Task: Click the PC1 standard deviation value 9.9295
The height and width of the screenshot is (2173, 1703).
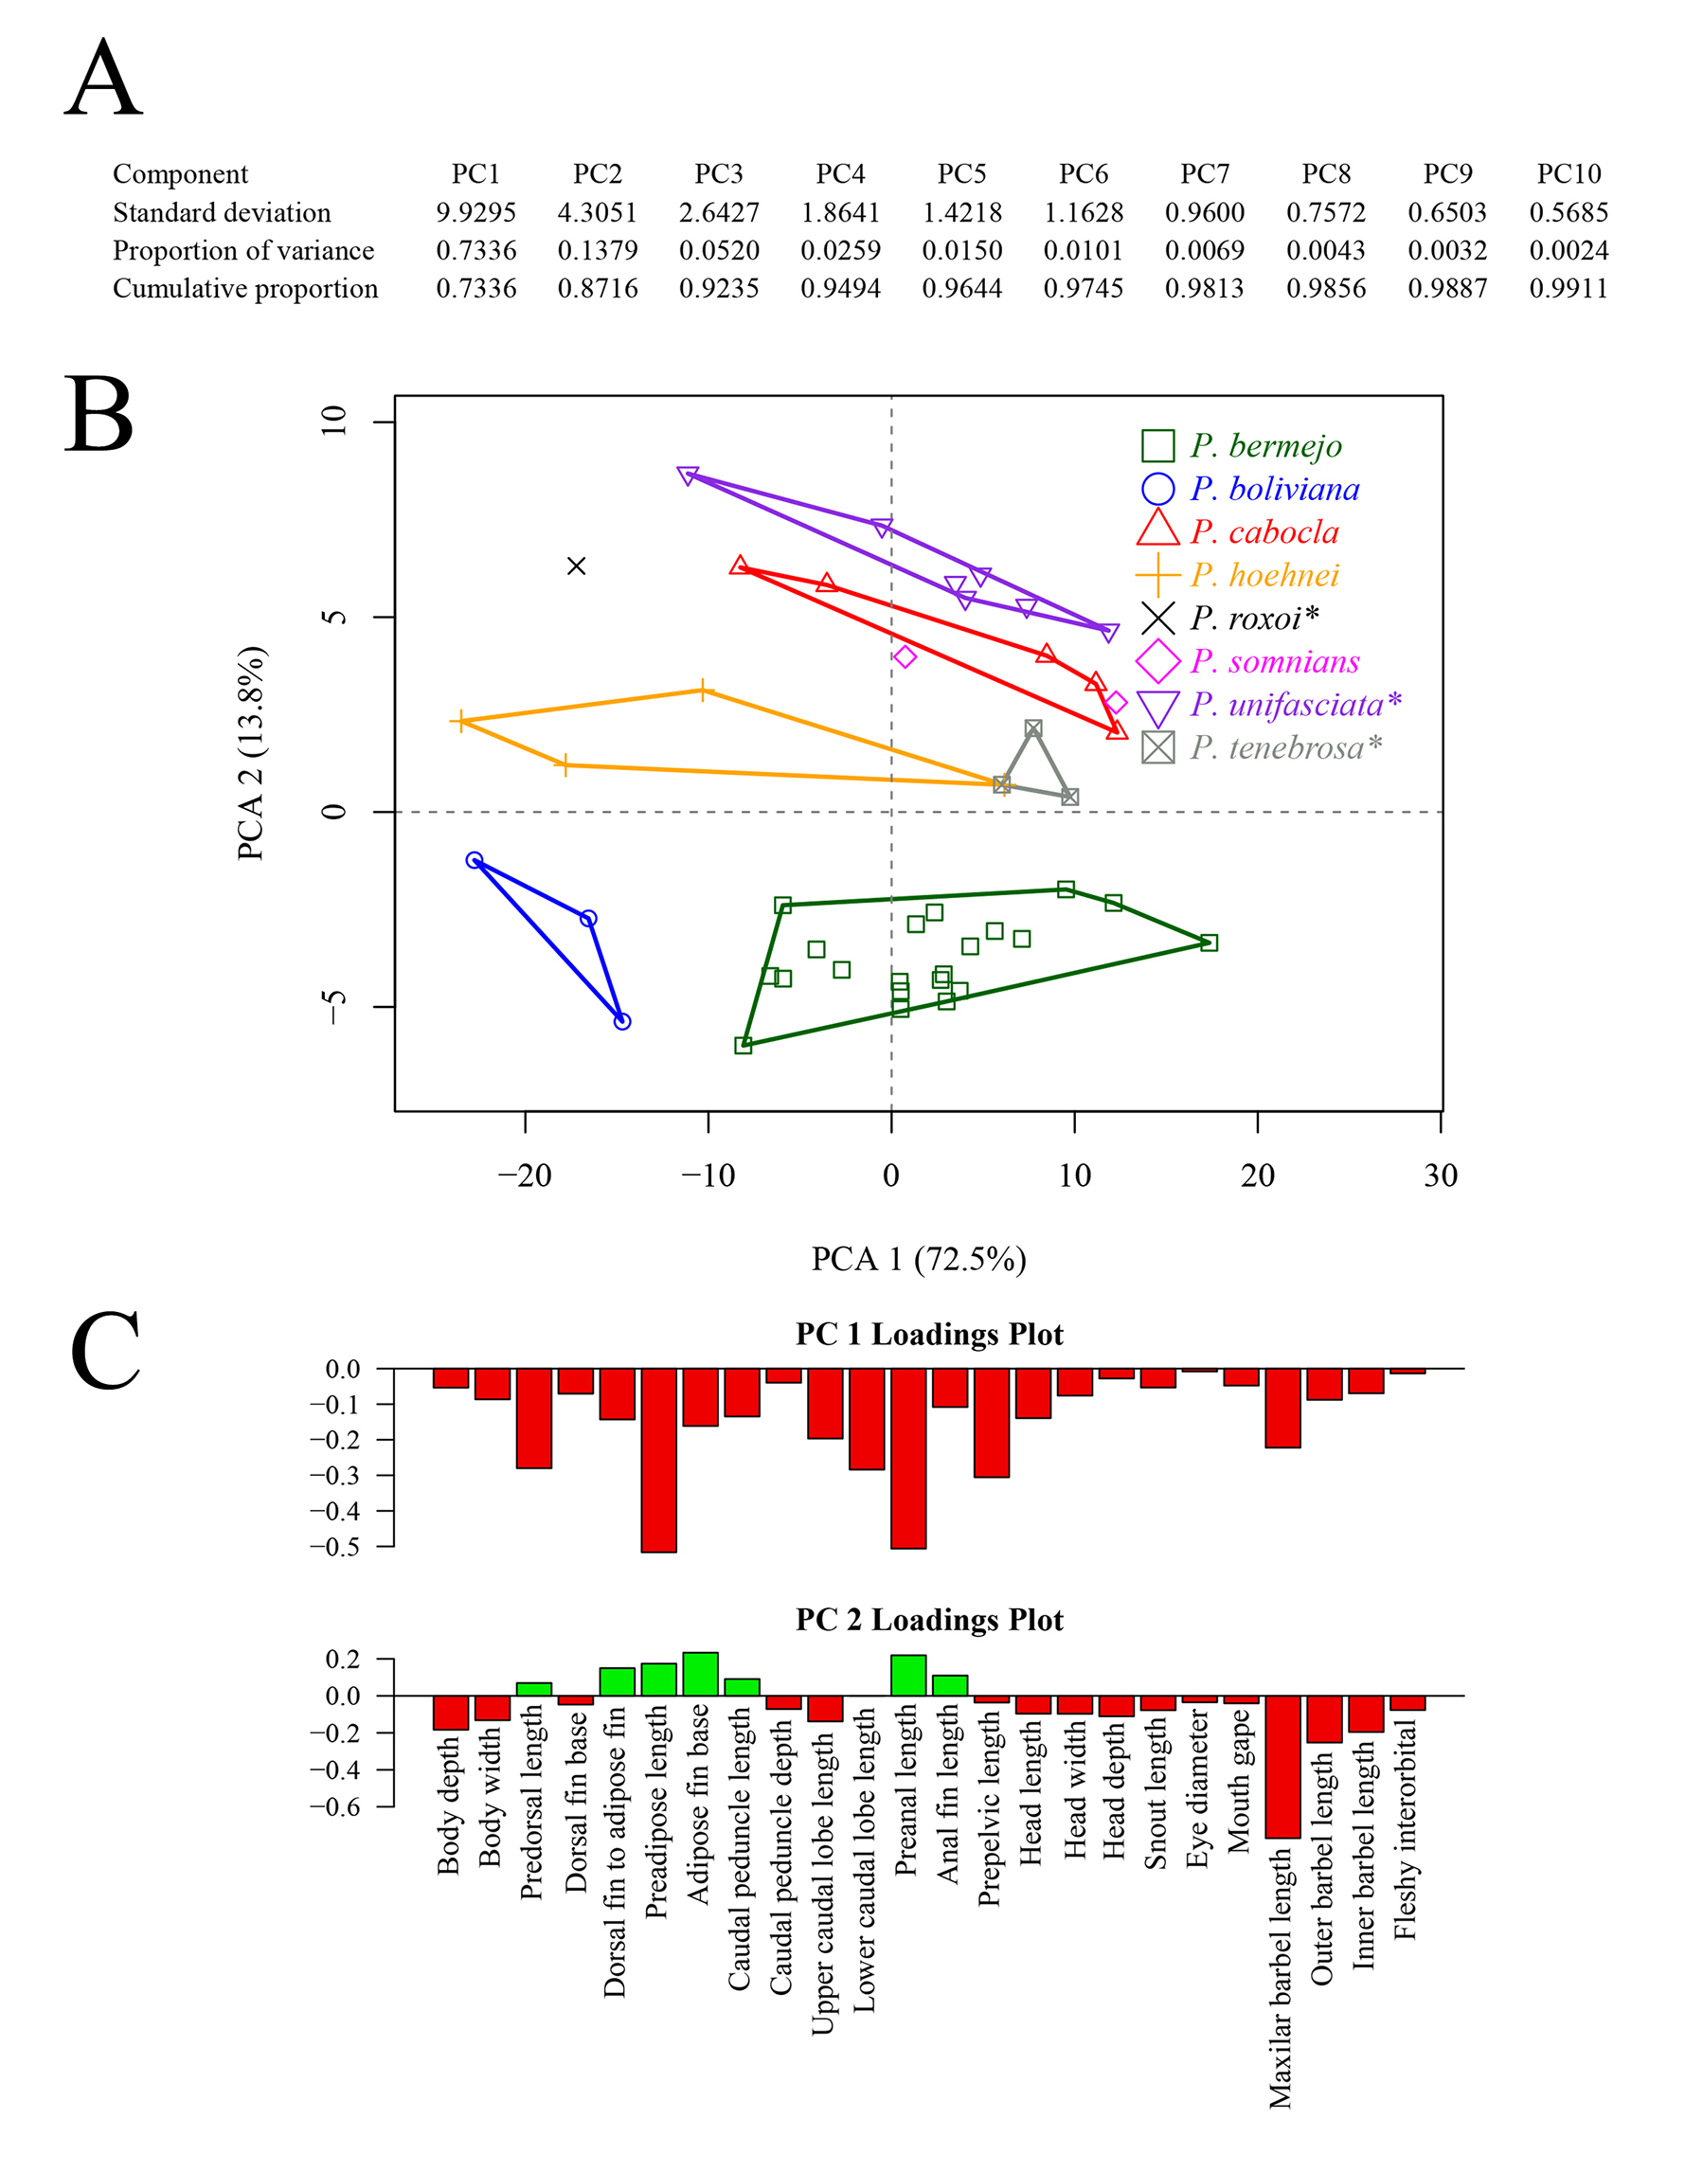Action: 475,212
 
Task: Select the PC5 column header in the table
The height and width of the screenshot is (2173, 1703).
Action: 961,174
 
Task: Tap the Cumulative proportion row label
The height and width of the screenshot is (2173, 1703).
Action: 245,289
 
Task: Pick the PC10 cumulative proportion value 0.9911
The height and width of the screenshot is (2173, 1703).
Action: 1569,289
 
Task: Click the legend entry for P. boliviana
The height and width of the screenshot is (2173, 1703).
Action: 1273,489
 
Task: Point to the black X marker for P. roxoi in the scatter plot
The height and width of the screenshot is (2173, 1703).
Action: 576,566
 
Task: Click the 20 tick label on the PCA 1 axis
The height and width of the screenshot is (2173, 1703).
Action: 1257,1176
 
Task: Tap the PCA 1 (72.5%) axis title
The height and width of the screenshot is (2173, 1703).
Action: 919,1260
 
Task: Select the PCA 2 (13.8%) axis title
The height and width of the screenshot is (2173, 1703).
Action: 251,753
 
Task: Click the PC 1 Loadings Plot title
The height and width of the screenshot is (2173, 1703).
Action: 929,1335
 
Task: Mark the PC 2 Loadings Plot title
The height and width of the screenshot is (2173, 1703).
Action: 929,1620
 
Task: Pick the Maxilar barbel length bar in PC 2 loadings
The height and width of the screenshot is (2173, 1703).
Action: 1282,1765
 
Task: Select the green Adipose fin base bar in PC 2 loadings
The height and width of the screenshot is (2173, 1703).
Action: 700,1675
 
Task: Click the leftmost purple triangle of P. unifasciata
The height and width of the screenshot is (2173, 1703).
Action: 688,476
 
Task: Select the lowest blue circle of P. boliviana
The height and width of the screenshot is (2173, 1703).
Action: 622,1021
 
